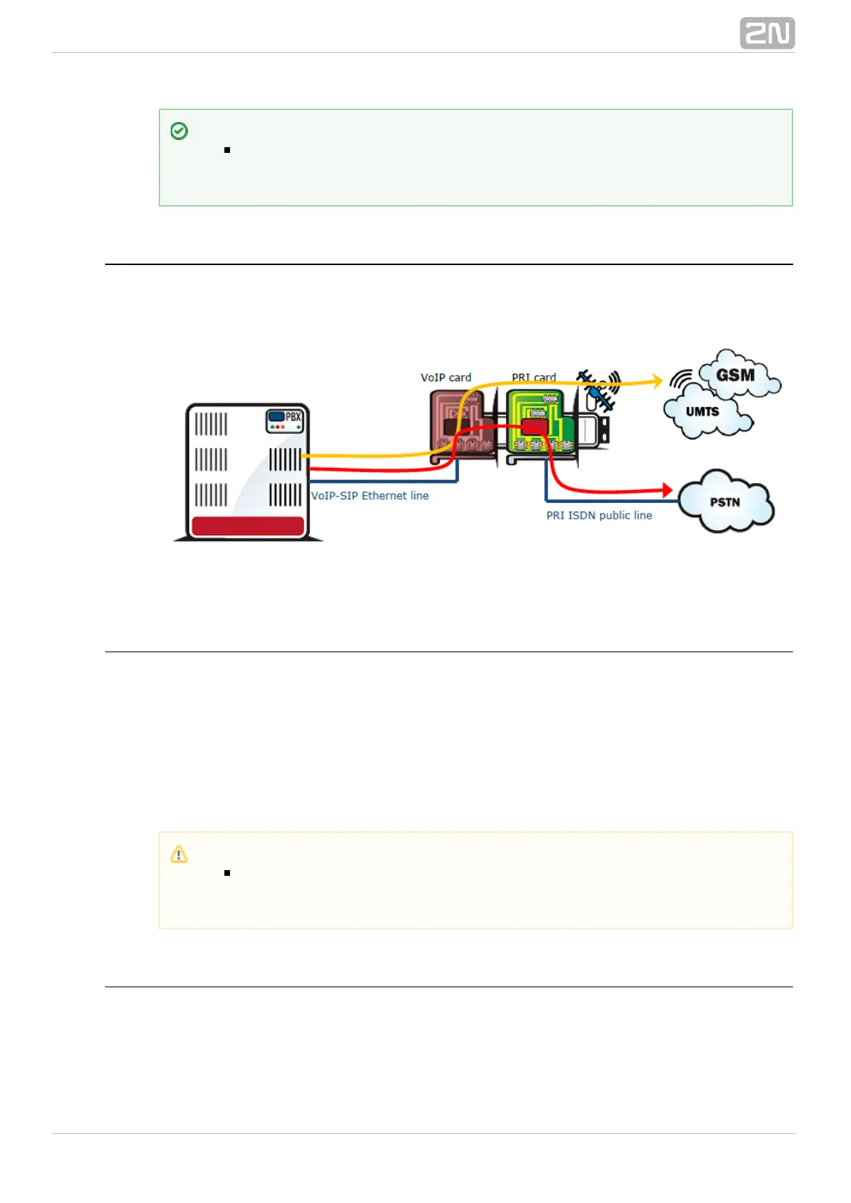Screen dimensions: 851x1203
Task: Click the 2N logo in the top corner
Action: click(767, 34)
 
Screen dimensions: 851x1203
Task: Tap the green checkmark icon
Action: click(179, 131)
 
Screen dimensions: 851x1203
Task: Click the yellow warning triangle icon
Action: click(179, 854)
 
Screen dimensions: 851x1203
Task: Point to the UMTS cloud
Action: click(704, 413)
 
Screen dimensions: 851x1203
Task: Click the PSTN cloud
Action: click(725, 502)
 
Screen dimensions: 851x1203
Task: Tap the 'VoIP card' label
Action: click(446, 377)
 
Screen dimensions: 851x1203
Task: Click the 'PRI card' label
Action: click(533, 377)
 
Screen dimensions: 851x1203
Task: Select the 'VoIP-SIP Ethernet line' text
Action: click(370, 496)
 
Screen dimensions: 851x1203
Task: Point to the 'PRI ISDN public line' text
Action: click(599, 515)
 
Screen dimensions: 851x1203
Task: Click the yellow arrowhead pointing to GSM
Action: click(657, 381)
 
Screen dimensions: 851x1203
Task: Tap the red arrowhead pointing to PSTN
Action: click(667, 490)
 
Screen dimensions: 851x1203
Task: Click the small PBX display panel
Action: click(285, 421)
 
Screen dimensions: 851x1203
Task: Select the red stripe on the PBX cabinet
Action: click(247, 526)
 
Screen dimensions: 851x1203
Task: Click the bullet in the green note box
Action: click(227, 150)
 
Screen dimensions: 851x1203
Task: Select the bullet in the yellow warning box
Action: click(227, 873)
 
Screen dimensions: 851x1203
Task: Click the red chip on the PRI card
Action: click(534, 426)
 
